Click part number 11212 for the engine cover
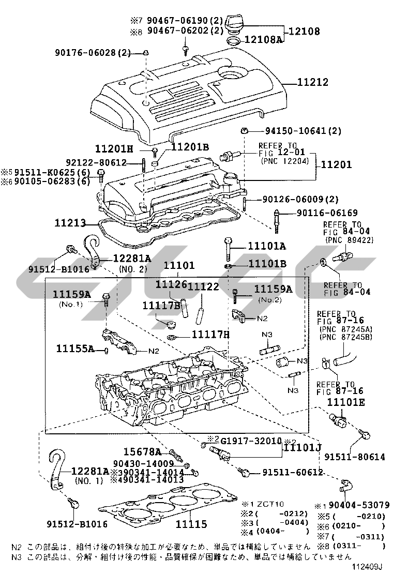coord(312,82)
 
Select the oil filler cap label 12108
coord(304,32)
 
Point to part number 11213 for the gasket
coord(71,223)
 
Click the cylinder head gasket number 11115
coord(191,524)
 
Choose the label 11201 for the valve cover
coord(336,165)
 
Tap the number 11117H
coord(210,335)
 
